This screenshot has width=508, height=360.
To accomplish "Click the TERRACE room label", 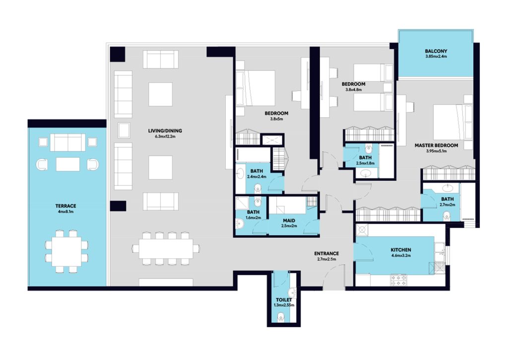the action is click(66, 206).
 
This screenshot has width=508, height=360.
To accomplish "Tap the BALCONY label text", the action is click(436, 51).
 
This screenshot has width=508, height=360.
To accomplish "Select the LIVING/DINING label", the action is click(165, 131).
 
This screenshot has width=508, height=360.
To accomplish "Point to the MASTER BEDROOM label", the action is click(437, 145).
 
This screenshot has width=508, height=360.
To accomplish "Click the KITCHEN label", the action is click(401, 250).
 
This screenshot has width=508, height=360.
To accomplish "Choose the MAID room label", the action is click(289, 220).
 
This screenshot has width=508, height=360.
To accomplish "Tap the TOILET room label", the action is click(284, 300).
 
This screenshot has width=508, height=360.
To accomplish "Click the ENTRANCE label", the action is click(326, 253).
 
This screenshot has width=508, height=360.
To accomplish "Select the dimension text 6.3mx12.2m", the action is click(165, 137).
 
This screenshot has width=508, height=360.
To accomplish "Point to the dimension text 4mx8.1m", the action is click(66, 212).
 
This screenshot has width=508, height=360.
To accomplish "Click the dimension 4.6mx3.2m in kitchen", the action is click(401, 256).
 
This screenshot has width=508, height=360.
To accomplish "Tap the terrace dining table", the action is click(66, 251).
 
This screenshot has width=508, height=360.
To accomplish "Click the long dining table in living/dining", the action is click(166, 249).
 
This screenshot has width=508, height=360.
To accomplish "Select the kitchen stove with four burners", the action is click(398, 280).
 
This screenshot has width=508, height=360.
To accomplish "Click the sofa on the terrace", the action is click(67, 143).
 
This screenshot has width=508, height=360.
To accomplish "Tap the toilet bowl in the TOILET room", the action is click(281, 317).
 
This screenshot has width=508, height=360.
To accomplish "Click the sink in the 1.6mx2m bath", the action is click(240, 223).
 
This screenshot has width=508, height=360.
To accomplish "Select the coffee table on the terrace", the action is click(67, 164).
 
